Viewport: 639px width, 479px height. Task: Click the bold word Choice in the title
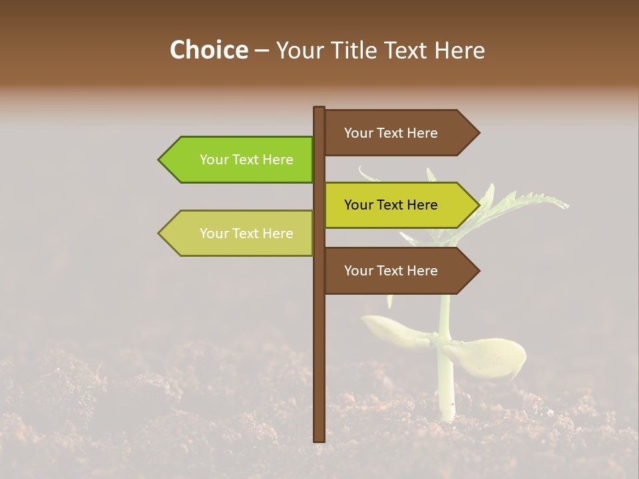click(x=208, y=50)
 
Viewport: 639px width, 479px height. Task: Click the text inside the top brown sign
click(x=391, y=133)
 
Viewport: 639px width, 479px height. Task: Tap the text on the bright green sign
click(x=246, y=160)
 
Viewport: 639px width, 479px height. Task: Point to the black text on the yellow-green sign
click(x=391, y=205)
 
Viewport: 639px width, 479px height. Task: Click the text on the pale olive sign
click(x=246, y=234)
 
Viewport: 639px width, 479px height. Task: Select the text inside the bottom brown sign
click(x=391, y=271)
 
